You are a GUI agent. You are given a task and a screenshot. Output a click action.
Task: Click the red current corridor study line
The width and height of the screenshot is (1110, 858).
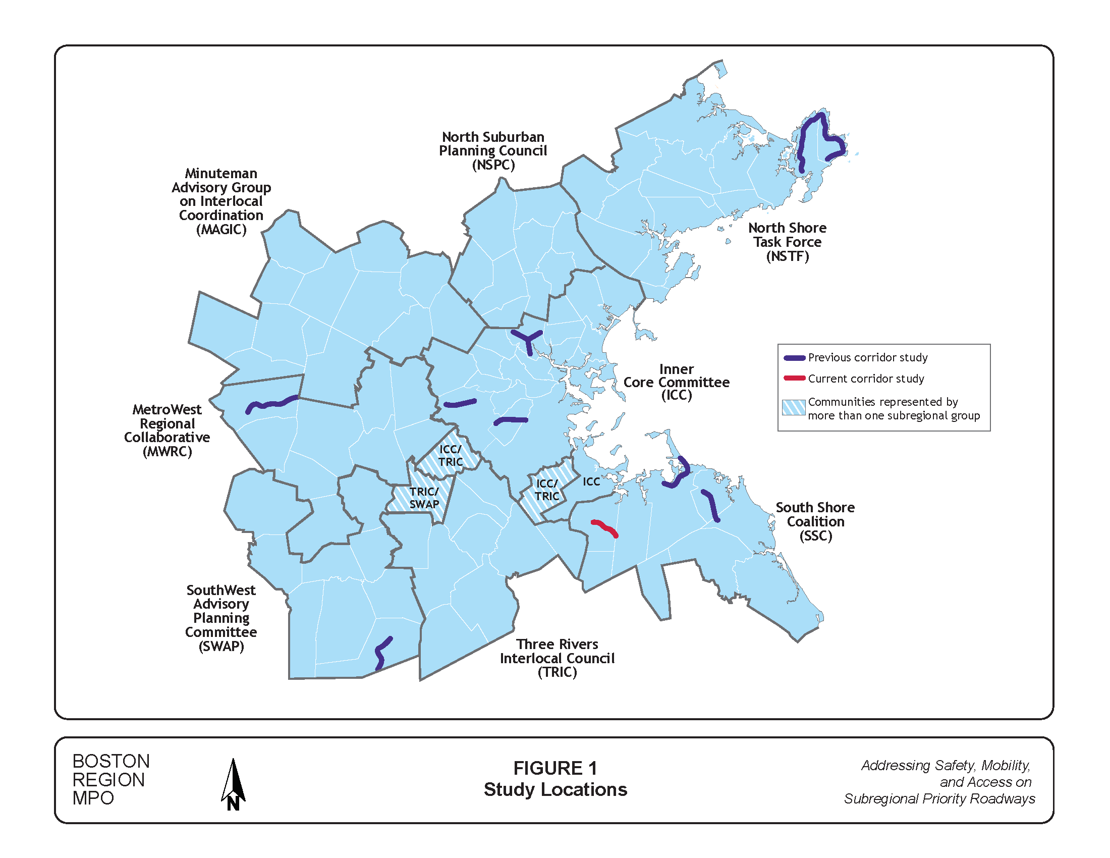coord(604,528)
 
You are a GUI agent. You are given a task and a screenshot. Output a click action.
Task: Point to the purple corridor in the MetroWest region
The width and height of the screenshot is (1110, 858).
coord(272,404)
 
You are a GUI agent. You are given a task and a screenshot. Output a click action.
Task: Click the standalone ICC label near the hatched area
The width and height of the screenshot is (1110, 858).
coord(591,481)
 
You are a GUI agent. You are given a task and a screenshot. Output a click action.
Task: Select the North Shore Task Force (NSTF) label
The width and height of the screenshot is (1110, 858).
coord(787,242)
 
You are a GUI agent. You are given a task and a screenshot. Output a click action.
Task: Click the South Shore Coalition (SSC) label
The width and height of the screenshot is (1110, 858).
coord(815,521)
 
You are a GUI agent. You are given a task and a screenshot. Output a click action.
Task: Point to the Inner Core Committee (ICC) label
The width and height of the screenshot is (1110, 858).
coord(676,382)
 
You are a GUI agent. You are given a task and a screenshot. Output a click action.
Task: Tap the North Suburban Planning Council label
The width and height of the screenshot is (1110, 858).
coord(492,150)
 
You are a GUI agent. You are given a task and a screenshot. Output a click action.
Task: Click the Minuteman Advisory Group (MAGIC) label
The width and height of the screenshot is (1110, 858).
coord(221,201)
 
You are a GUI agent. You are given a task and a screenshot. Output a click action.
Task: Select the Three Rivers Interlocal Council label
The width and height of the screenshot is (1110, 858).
coord(557,658)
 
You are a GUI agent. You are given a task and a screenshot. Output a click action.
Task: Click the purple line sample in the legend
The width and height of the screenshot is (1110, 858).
coord(794,358)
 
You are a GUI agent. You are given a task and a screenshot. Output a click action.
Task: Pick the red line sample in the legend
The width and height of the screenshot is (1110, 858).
coord(794,378)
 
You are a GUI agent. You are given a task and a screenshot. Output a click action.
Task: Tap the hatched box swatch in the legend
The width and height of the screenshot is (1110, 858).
coord(793,407)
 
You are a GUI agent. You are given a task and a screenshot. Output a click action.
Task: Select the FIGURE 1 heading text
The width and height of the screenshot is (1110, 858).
coord(555,768)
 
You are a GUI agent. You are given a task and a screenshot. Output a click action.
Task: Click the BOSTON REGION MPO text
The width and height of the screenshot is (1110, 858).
coord(110,779)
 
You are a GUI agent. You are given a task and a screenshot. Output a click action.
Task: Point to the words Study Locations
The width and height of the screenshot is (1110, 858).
coord(555,789)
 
